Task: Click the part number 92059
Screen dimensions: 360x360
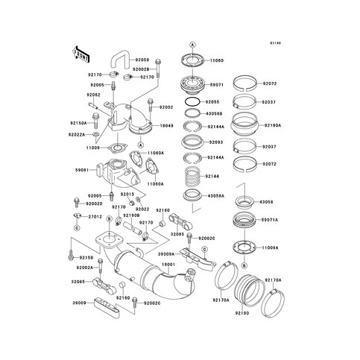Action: [x=142, y=59]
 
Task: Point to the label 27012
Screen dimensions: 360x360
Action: [x=95, y=217]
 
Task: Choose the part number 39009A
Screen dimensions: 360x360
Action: [x=166, y=253]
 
